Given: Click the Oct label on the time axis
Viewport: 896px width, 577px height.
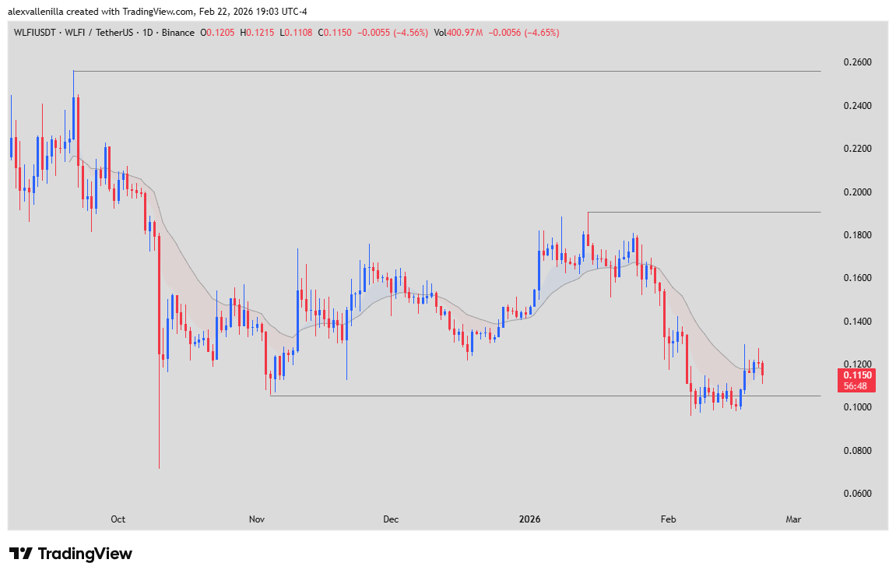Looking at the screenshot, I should point(118,519).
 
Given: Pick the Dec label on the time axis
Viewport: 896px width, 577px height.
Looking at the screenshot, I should point(391,519).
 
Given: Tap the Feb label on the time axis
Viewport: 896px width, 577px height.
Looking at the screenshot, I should point(667,519).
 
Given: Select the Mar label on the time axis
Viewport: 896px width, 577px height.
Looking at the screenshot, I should point(792,519).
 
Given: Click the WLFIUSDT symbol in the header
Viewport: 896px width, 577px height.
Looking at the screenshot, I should point(35,33).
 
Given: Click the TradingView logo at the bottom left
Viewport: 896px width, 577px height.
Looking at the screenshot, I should point(71,554).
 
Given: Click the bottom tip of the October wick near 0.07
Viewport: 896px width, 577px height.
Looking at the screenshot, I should point(159,468).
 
